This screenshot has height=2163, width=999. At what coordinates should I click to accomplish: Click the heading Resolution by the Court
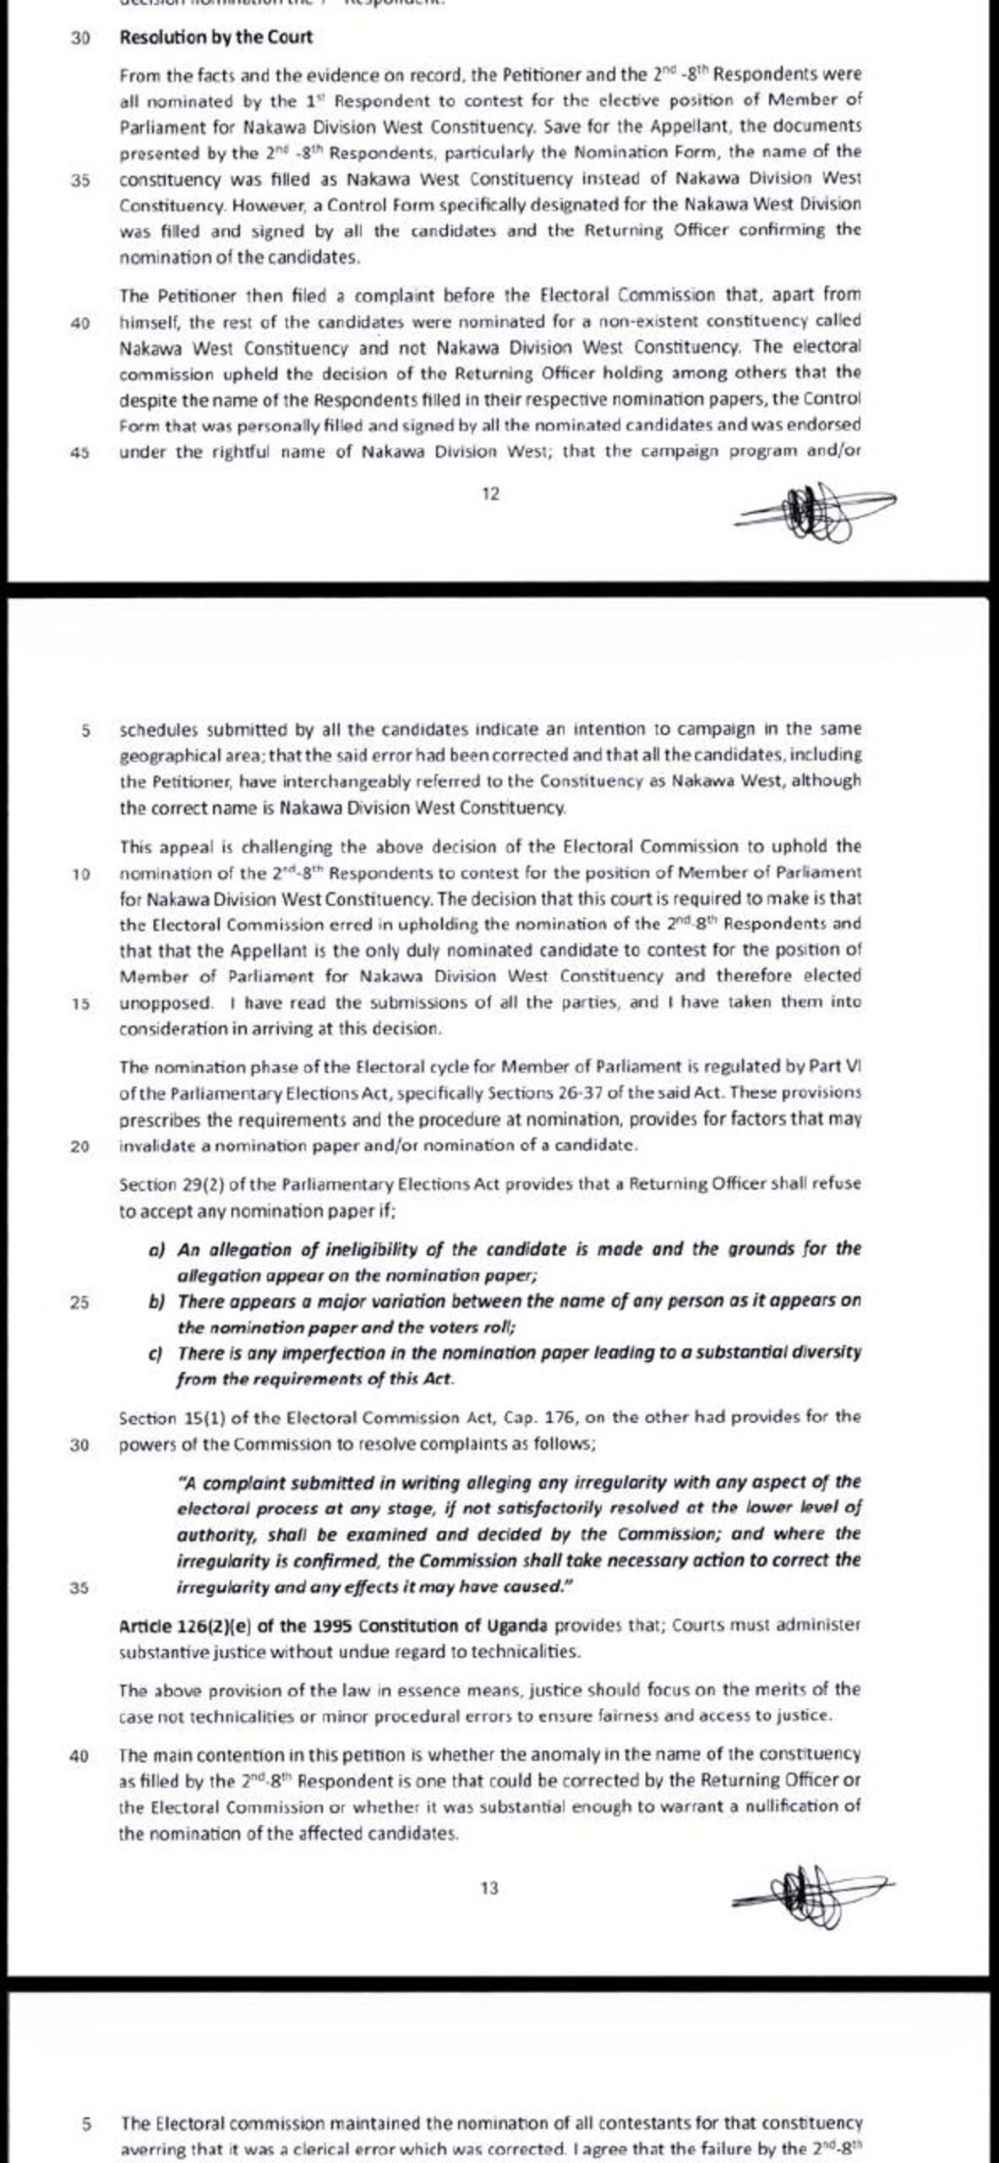point(216,37)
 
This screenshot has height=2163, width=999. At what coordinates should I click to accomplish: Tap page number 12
point(490,494)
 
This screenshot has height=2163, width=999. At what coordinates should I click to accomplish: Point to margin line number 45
point(80,451)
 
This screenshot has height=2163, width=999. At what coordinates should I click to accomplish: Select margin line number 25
point(79,1302)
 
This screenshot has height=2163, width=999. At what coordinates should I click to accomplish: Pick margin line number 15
point(80,1003)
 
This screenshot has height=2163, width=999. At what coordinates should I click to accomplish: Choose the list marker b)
point(156,1302)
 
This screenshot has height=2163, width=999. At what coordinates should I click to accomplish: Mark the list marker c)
point(156,1353)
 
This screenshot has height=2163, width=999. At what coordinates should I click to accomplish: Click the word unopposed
point(165,1003)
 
